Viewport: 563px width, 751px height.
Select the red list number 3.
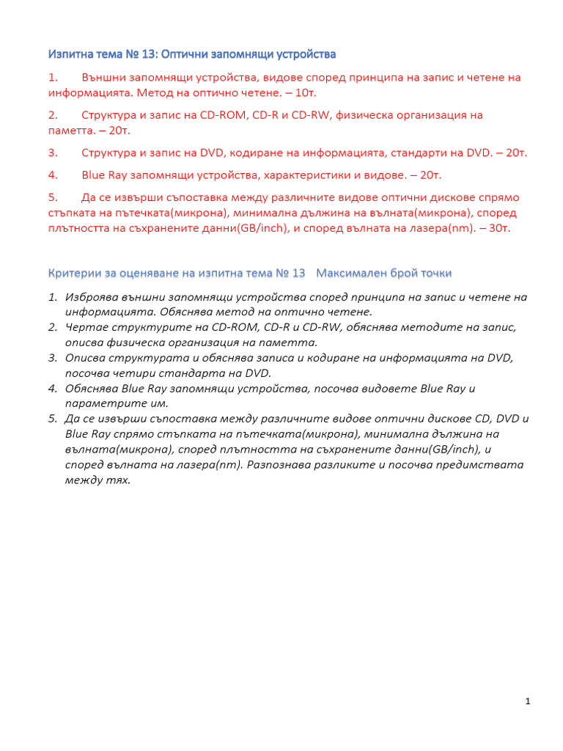(53, 153)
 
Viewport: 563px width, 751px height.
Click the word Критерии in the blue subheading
(73, 273)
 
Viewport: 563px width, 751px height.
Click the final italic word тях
(117, 480)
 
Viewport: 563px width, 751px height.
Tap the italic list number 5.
(53, 418)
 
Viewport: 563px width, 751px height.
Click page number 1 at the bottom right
(528, 702)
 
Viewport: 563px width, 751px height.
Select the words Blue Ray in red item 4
(104, 175)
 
